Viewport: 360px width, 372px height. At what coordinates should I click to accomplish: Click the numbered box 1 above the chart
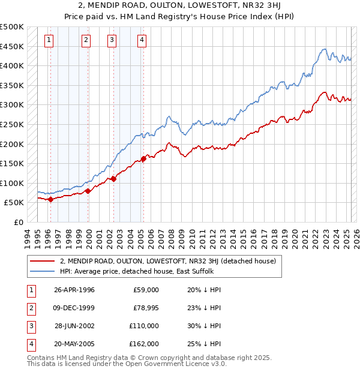pyautogui.click(x=49, y=40)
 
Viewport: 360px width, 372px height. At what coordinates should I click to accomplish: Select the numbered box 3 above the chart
pyautogui.click(x=112, y=40)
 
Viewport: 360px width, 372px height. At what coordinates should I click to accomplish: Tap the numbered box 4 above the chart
pyautogui.click(x=142, y=40)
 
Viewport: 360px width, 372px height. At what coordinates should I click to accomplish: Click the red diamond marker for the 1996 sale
pyautogui.click(x=50, y=200)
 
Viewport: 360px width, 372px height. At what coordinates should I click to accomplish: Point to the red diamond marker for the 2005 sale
pyautogui.click(x=143, y=159)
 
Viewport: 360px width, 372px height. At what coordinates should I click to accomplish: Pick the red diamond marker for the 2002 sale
pyautogui.click(x=113, y=179)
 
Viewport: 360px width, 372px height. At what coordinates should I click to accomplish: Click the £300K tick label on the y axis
pyautogui.click(x=12, y=105)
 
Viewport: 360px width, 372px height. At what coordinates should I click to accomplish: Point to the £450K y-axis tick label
pyautogui.click(x=12, y=46)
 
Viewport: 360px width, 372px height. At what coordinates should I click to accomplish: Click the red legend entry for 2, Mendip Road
pyautogui.click(x=167, y=261)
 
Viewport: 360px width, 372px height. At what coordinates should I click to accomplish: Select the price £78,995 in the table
pyautogui.click(x=145, y=308)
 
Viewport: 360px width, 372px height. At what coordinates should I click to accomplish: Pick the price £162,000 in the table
pyautogui.click(x=145, y=344)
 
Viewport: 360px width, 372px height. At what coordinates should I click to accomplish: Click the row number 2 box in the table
pyautogui.click(x=29, y=308)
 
